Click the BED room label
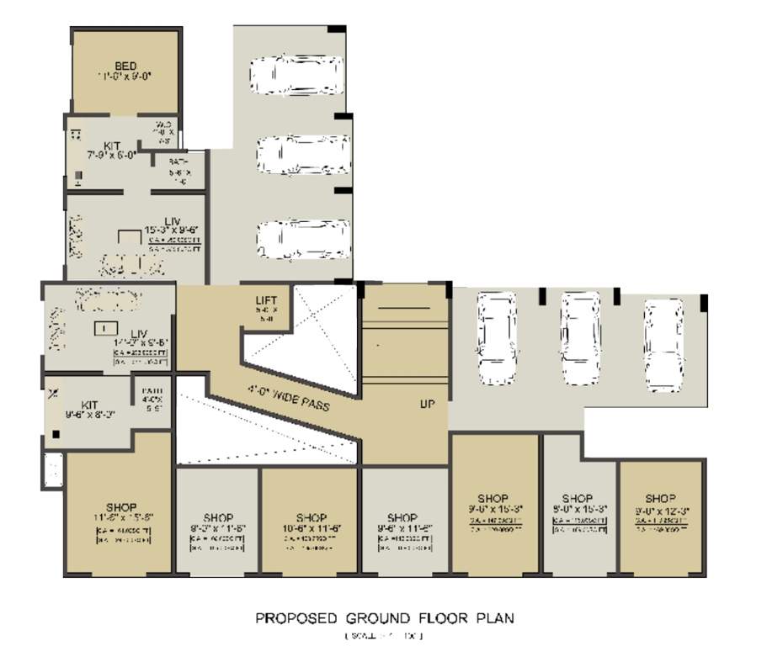(x=125, y=66)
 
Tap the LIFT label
(x=266, y=300)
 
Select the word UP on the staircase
(x=427, y=404)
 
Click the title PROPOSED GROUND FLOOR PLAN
(x=385, y=618)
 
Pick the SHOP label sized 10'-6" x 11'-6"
(x=311, y=517)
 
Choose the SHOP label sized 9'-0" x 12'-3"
(x=661, y=498)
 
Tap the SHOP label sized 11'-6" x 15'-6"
(x=122, y=508)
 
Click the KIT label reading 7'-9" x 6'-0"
(x=113, y=146)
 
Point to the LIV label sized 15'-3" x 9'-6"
(x=173, y=221)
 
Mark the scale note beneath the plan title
(x=384, y=635)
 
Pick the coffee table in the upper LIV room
(x=129, y=239)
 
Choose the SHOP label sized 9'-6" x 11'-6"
(x=402, y=517)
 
